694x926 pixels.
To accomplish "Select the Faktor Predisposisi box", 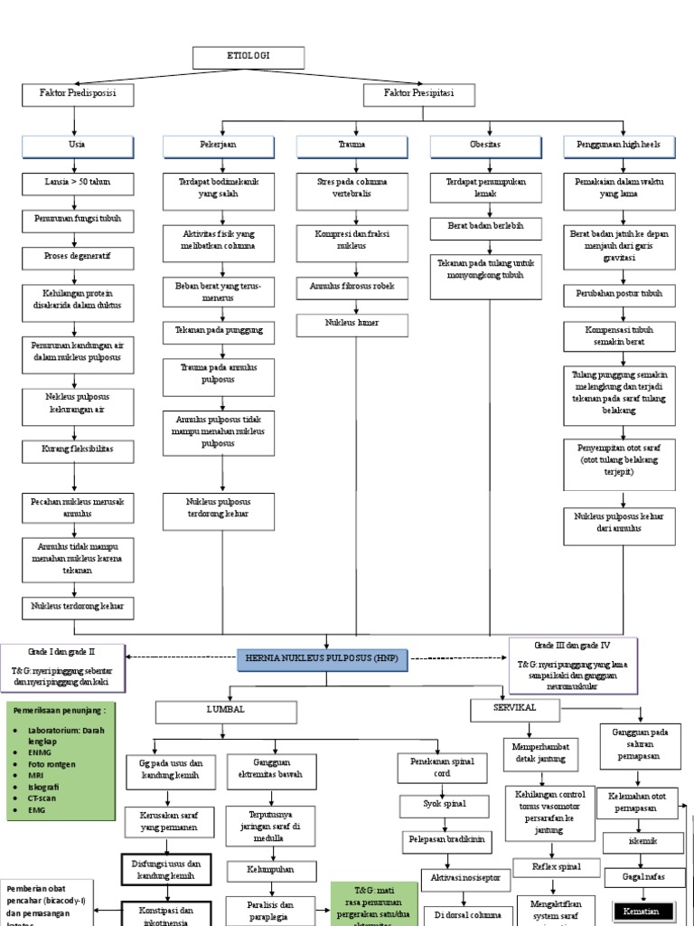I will click(80, 94).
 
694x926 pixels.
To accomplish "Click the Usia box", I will click(79, 146).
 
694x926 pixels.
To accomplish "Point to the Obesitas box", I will click(485, 146).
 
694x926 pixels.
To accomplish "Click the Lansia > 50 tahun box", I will click(79, 183).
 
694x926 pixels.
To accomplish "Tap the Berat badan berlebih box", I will click(485, 224).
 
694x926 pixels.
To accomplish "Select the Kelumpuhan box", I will click(271, 869).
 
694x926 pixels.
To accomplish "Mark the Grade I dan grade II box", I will click(62, 665).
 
